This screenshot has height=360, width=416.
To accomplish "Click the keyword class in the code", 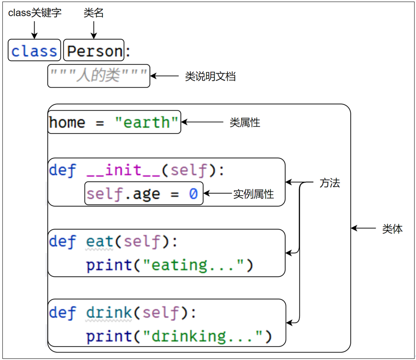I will point(34,51).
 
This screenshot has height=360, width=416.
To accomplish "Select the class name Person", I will point(95,51).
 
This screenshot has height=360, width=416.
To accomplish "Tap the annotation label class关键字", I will point(35,13).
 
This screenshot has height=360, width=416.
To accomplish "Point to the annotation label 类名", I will point(94,13).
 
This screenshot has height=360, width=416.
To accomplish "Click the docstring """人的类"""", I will point(98,75).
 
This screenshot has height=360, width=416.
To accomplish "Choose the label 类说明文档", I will point(210,76).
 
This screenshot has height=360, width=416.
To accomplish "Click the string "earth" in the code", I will point(147,122).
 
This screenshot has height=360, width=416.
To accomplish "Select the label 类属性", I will point(245,123).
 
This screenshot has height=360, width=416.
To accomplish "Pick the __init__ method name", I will point(124,170).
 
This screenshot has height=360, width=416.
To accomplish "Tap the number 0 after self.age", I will point(193,194).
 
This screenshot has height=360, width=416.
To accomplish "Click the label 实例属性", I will point(254,194).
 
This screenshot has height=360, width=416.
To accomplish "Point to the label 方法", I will point(330,183).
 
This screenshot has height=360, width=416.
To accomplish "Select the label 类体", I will point(392,229).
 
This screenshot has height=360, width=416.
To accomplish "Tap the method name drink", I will point(109,313).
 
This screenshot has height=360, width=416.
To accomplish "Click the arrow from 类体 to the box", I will point(364,229).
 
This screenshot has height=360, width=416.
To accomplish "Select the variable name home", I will point(67,122).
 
